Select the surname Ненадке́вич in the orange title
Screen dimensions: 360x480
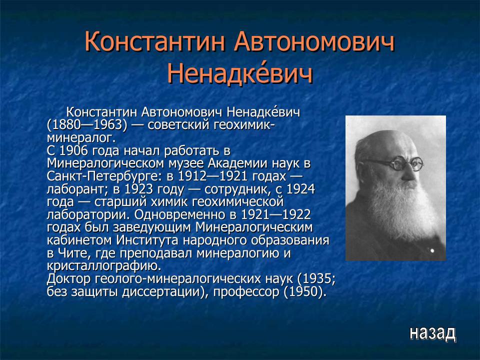tap(239, 74)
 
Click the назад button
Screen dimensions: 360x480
tap(432, 332)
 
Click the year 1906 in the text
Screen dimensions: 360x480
tap(75, 150)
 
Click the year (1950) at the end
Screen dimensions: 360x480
tap(305, 291)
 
